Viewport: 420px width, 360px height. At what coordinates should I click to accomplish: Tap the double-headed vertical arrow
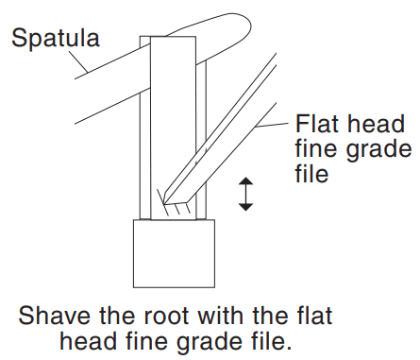[246, 192]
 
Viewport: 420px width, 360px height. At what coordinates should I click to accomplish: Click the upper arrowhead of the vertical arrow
[246, 180]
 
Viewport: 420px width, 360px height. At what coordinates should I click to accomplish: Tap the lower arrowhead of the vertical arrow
[246, 205]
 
